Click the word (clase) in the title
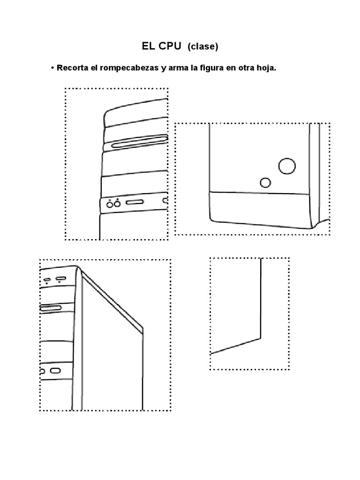point(203,46)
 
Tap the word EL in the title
point(148,46)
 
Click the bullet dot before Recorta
point(52,68)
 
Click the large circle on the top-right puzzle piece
point(287,165)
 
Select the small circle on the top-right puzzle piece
point(266,182)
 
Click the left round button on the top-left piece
point(110,204)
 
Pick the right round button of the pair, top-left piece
point(117,204)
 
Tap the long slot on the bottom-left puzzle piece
point(51,308)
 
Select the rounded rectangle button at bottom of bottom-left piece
point(55,371)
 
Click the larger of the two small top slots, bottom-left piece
point(60,280)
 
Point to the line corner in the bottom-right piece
point(260,337)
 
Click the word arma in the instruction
point(178,68)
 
